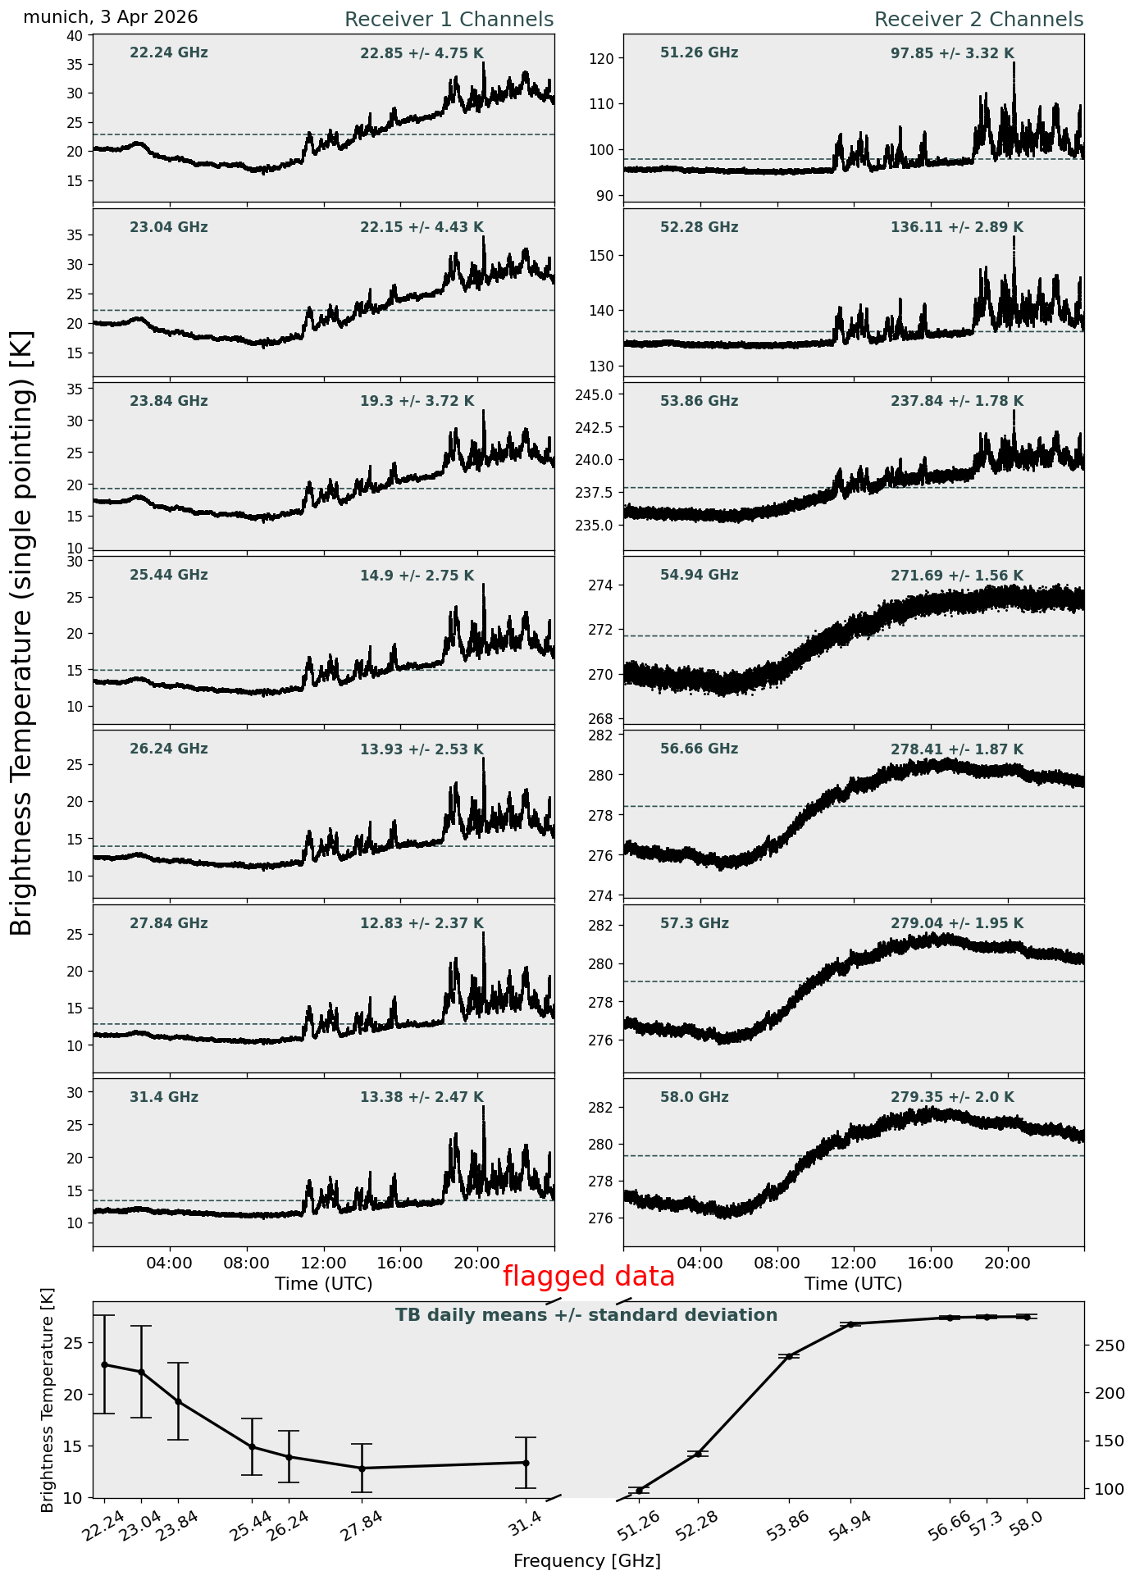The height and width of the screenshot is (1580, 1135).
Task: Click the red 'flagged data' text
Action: coord(589,1277)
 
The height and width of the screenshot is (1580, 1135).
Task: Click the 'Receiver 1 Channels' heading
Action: coord(449,20)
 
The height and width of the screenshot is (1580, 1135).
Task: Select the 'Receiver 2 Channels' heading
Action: coord(979,20)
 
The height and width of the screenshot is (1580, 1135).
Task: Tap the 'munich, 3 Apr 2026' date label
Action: coord(111,17)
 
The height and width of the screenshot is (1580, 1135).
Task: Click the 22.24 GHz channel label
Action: coord(169,53)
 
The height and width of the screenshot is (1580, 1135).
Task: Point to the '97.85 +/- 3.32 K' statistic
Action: coord(952,54)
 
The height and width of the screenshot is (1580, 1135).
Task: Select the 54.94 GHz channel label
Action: coord(699,576)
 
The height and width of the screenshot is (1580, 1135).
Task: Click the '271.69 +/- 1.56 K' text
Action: coord(957,576)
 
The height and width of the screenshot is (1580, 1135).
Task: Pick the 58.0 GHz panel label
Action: coord(694,1097)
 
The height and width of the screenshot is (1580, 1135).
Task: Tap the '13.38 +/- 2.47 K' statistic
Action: coord(422,1098)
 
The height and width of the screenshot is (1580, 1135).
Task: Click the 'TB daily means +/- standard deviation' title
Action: coord(586,1315)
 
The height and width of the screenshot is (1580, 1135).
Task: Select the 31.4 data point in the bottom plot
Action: coord(526,1463)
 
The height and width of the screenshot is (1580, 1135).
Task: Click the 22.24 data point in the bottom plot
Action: coord(104,1364)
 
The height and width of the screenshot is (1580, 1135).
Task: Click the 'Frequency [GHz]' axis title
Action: coord(587,1560)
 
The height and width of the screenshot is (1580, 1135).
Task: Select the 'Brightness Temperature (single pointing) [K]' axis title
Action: coord(22,632)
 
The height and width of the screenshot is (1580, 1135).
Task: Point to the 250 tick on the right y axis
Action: coord(1103,1346)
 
